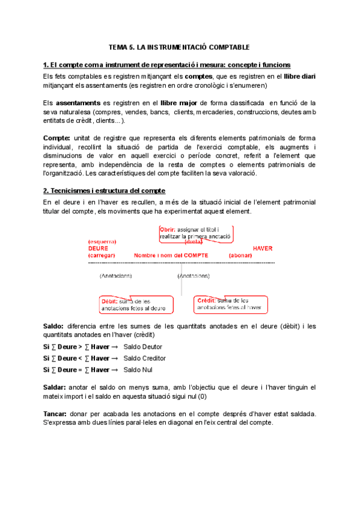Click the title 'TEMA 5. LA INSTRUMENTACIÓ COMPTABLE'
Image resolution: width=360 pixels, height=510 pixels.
tap(178, 46)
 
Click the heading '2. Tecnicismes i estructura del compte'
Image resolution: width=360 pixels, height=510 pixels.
tap(105, 191)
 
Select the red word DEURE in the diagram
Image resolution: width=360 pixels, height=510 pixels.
tap(98, 248)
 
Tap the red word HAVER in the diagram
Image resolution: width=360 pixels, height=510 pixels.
tap(263, 248)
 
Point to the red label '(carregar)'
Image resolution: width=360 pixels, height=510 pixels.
tap(103, 255)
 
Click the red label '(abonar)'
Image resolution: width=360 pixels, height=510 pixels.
tap(240, 255)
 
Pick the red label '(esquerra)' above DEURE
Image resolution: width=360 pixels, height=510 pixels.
tap(102, 241)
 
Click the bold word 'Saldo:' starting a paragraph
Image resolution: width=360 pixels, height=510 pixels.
tap(54, 326)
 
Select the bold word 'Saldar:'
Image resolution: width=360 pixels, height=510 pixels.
tap(55, 387)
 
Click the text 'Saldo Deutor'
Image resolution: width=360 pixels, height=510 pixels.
tap(142, 347)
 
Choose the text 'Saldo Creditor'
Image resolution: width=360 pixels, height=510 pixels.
tap(144, 358)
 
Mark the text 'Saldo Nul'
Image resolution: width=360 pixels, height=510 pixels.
tap(138, 370)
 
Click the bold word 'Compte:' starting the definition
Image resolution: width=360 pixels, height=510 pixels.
tap(56, 138)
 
